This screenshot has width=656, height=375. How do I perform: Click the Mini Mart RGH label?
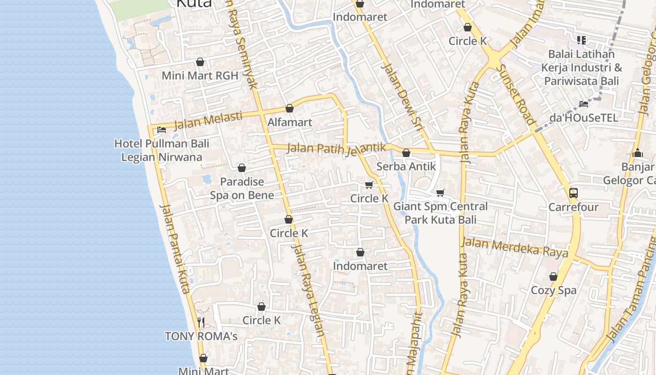[200, 75]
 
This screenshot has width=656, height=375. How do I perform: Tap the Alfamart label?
[290, 122]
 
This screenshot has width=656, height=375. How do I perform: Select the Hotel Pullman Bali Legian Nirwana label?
[162, 150]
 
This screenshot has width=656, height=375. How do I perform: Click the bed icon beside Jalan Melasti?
[162, 130]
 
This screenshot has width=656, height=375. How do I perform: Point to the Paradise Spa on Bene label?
[242, 188]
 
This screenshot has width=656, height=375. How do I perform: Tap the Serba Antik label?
[406, 166]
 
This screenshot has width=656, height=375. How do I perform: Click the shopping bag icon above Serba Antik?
[406, 153]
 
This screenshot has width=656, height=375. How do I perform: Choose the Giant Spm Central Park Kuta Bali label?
[440, 213]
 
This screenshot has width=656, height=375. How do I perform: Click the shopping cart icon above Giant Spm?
[440, 193]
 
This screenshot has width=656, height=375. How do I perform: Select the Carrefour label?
[574, 207]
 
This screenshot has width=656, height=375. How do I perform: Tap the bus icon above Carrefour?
[574, 193]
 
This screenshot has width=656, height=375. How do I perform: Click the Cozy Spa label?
[553, 290]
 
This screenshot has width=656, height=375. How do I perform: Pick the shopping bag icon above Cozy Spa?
[553, 277]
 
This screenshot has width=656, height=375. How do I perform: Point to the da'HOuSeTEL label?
[584, 118]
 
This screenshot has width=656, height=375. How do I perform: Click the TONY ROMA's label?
[201, 336]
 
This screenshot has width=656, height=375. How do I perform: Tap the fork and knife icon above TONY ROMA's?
[201, 322]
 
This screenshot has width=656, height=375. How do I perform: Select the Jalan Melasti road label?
[208, 120]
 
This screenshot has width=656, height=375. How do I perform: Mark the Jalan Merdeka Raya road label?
[514, 247]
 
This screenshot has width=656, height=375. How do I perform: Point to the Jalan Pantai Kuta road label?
[174, 248]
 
